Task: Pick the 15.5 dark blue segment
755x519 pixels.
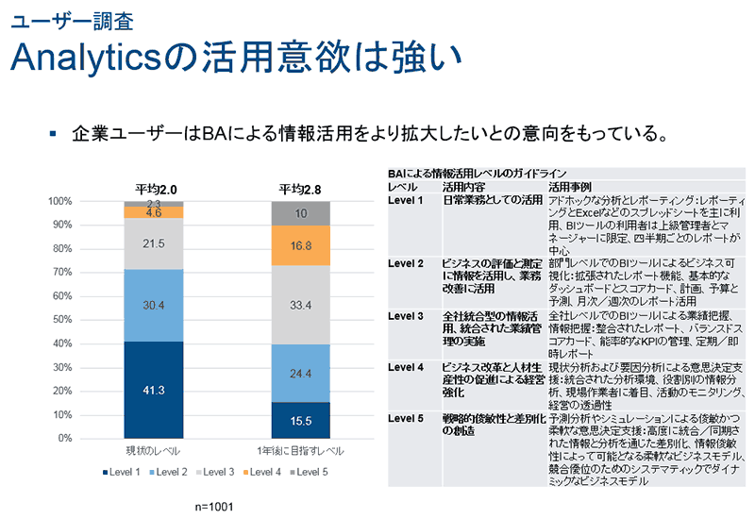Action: point(301,420)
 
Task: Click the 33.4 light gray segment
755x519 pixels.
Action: point(301,305)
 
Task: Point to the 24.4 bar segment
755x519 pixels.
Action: point(301,373)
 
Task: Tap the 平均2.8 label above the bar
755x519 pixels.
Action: point(300,189)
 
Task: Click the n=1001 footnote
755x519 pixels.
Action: point(214,507)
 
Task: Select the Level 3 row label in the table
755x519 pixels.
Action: point(407,314)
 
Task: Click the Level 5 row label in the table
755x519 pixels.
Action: point(407,417)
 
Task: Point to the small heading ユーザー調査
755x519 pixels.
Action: point(52,20)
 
